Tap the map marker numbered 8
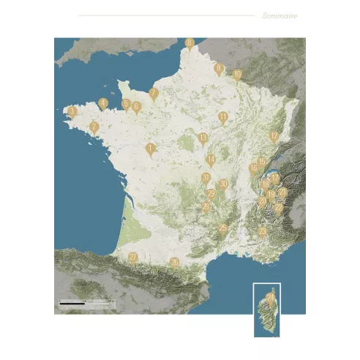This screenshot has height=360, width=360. (x=190, y=43)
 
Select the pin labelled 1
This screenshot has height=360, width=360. (x=150, y=149)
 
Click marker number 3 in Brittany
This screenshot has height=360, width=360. (x=72, y=111)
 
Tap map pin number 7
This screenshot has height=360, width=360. (x=153, y=94)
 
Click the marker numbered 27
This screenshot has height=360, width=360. (x=133, y=258)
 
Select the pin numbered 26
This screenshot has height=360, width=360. (x=174, y=262)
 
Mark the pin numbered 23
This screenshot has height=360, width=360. (x=262, y=232)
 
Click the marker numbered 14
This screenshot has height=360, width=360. (x=211, y=160)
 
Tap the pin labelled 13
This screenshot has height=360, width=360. (x=203, y=138)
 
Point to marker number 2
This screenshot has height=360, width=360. (x=94, y=127)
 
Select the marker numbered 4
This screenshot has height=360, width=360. (x=103, y=103)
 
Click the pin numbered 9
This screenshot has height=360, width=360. (x=218, y=69)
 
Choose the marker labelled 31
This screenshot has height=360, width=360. (x=206, y=179)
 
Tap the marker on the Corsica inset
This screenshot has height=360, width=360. (x=271, y=299)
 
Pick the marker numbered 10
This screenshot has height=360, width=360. (x=237, y=75)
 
